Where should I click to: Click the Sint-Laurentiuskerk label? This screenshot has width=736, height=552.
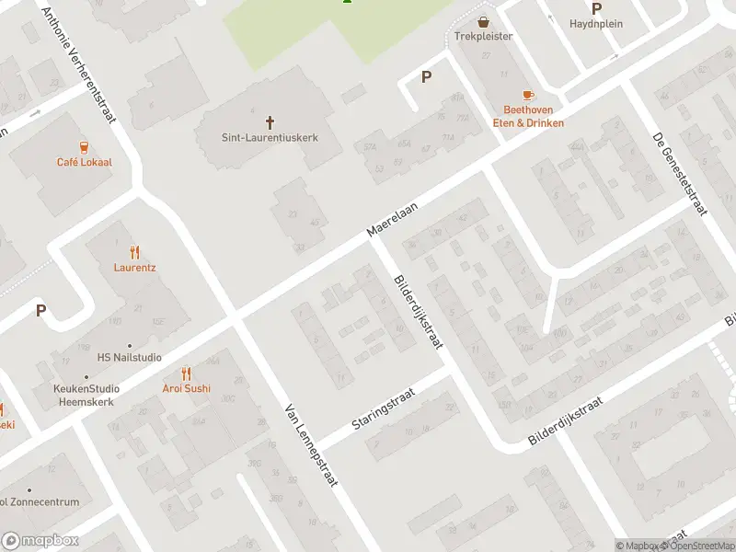(270, 137)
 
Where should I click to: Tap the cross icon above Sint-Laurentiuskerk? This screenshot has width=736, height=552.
(270, 121)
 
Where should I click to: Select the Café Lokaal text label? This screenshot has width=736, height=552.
(84, 162)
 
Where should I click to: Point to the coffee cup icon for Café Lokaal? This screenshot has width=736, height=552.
(84, 146)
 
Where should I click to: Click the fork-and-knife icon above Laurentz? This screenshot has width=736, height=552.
(134, 252)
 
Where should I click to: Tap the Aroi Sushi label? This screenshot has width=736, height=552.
(187, 388)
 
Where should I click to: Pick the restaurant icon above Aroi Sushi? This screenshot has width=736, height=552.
(187, 373)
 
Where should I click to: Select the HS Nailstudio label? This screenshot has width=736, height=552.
(130, 357)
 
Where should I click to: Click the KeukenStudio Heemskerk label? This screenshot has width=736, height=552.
(86, 395)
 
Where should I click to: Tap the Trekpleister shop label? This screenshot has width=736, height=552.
(483, 36)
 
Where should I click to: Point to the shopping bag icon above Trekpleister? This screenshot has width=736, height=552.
(483, 21)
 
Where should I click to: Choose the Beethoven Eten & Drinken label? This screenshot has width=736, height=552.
(527, 116)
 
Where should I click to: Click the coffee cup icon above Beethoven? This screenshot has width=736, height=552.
(528, 95)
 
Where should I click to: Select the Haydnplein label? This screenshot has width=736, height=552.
(596, 24)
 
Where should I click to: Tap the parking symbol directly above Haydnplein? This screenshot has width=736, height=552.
(596, 8)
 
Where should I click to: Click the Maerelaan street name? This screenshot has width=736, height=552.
(393, 221)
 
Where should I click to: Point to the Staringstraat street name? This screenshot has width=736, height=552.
(383, 409)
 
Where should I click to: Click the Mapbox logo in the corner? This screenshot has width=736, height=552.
(40, 541)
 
